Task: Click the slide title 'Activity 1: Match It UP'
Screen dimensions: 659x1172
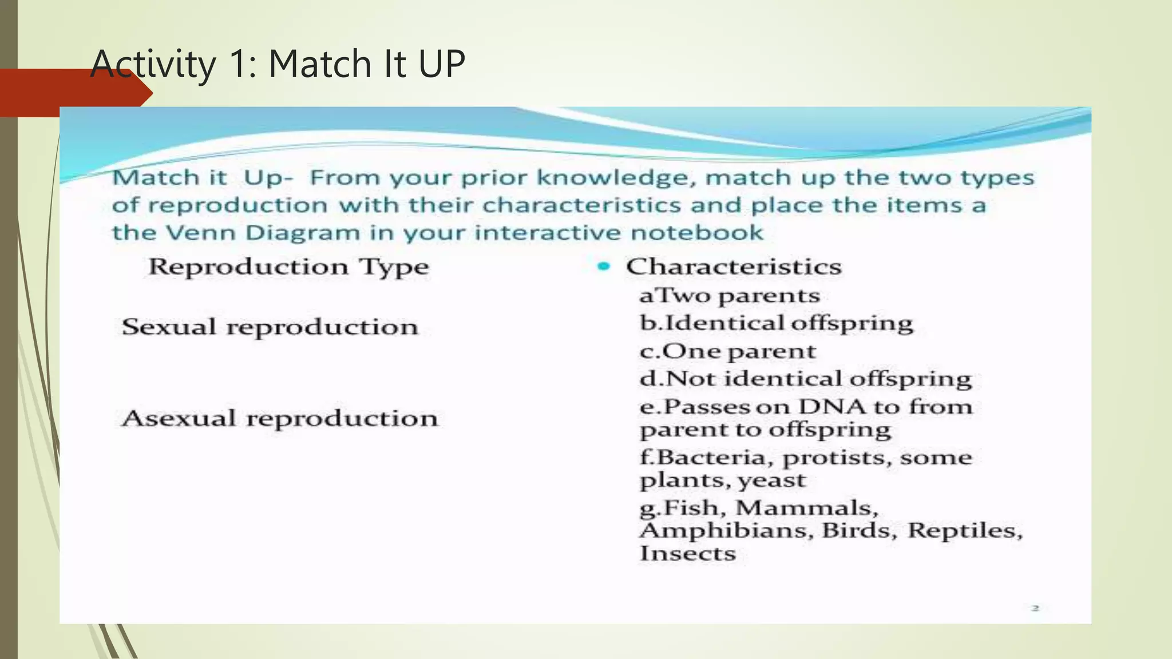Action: [278, 63]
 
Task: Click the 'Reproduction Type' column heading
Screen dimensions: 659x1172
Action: [288, 267]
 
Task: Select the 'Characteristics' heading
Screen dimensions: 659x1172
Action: [734, 267]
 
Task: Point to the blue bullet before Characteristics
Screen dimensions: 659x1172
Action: [603, 266]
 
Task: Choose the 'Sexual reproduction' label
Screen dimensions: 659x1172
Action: [270, 327]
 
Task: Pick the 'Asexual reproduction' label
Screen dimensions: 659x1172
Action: [280, 419]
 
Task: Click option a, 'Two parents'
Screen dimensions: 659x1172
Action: [730, 296]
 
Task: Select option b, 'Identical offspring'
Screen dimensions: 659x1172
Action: [777, 323]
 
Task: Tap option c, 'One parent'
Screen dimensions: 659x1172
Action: [728, 351]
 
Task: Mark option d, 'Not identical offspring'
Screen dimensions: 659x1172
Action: [806, 379]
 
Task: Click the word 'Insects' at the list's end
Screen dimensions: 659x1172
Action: [688, 554]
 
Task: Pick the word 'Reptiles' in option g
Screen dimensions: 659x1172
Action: [965, 531]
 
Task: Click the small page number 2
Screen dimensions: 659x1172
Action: [1035, 608]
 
